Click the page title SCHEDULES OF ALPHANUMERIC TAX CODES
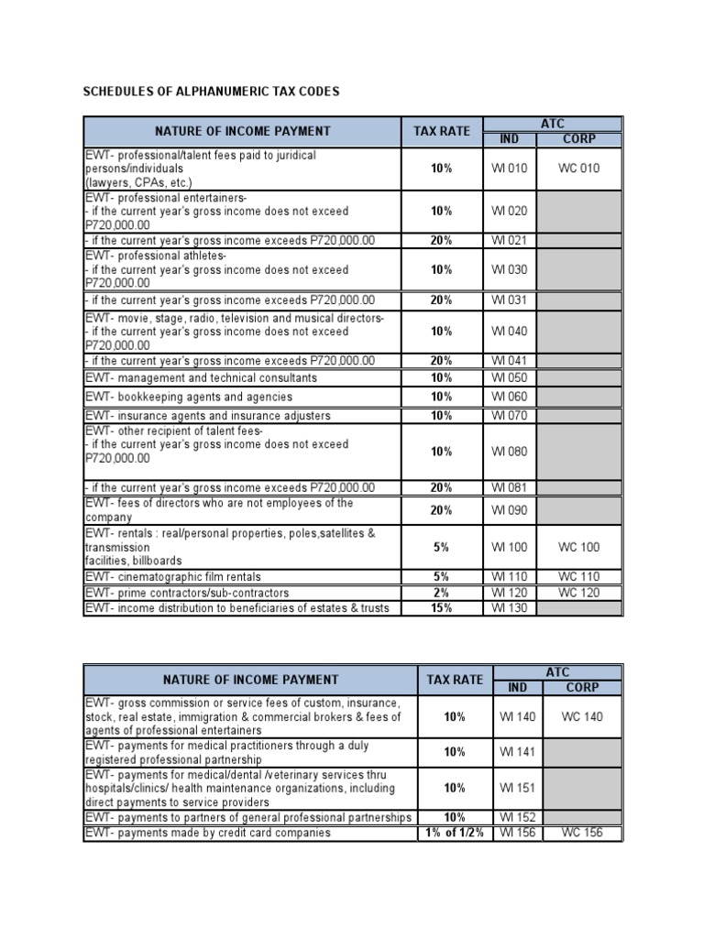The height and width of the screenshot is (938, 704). (211, 92)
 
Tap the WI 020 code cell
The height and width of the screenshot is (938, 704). (510, 211)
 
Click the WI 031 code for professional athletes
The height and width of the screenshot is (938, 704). (510, 300)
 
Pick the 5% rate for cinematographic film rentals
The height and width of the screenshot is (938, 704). (442, 577)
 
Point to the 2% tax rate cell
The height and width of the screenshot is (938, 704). (442, 593)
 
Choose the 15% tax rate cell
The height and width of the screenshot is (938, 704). (442, 608)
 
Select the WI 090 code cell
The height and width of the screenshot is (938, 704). (510, 510)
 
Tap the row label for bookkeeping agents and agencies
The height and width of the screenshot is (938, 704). (189, 397)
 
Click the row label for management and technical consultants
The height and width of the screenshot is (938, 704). (201, 377)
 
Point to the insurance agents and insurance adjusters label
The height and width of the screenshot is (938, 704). (208, 416)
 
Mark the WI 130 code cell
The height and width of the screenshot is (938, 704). (510, 608)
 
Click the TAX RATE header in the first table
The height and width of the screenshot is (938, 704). (442, 131)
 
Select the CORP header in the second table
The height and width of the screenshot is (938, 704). (582, 687)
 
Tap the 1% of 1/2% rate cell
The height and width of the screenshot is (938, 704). (455, 833)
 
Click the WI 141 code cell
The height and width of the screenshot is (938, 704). (517, 752)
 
